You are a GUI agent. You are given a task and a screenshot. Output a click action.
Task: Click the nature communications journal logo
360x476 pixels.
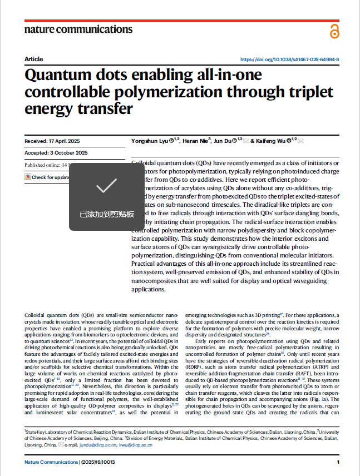78,29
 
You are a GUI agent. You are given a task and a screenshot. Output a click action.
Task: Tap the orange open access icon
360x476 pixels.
334,31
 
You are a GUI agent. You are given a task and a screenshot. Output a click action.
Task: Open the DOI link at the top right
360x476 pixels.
289,59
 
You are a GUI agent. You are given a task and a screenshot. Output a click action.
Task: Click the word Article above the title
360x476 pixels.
33,59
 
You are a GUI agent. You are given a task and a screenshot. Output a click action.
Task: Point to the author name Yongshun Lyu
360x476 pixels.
149,141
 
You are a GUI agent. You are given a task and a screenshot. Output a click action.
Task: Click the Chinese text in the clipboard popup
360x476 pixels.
106,214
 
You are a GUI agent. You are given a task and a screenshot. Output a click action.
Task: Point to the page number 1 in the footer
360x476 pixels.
338,463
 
